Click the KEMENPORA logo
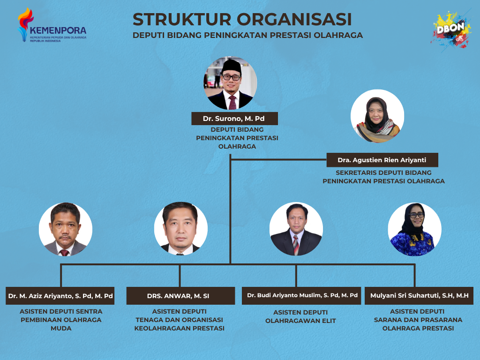52,25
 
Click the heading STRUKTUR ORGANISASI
242,19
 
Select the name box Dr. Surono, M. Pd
234,119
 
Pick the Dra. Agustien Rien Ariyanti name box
382,160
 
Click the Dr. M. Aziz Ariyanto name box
60,296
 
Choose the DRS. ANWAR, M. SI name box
180,296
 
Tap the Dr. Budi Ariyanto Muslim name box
301,296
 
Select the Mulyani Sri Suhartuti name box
419,296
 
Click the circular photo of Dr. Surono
231,83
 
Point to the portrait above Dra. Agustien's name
377,116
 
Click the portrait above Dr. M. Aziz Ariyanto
66,229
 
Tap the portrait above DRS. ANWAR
180,228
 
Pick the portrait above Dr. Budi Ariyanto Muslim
296,229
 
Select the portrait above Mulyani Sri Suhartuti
414,229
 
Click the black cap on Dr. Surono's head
232,66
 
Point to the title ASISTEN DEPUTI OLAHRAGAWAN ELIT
300,316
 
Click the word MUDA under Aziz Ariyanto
61,328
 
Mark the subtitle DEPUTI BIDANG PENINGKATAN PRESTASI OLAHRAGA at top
247,35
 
